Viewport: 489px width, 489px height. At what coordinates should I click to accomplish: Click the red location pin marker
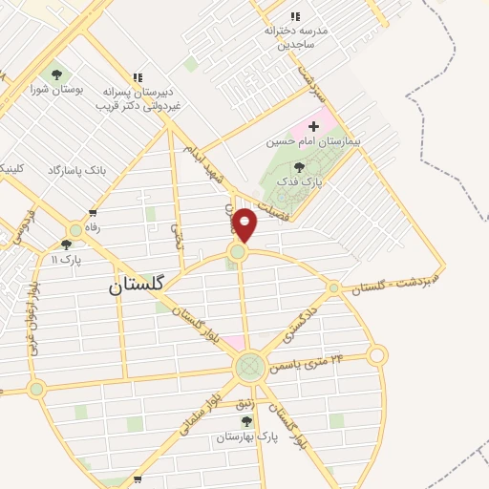245,224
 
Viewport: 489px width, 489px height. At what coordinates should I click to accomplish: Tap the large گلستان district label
137,284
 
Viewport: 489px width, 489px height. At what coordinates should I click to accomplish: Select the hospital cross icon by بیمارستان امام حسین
313,126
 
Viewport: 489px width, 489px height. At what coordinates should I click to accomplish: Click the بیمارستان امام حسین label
302,141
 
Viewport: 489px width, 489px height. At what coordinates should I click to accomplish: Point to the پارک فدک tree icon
299,166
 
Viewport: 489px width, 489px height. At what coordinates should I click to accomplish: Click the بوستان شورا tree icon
56,74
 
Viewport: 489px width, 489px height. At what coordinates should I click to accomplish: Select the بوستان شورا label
56,90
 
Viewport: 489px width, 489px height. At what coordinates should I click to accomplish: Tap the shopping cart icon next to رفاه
93,213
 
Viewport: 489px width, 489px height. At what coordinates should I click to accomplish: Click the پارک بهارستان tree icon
246,421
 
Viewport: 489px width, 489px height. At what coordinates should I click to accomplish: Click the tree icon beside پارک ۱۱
74,230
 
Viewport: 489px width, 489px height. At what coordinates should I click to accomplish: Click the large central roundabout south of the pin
249,365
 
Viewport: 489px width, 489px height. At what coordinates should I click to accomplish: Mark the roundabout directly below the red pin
237,251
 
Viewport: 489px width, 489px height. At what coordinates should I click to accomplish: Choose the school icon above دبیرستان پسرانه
138,77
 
